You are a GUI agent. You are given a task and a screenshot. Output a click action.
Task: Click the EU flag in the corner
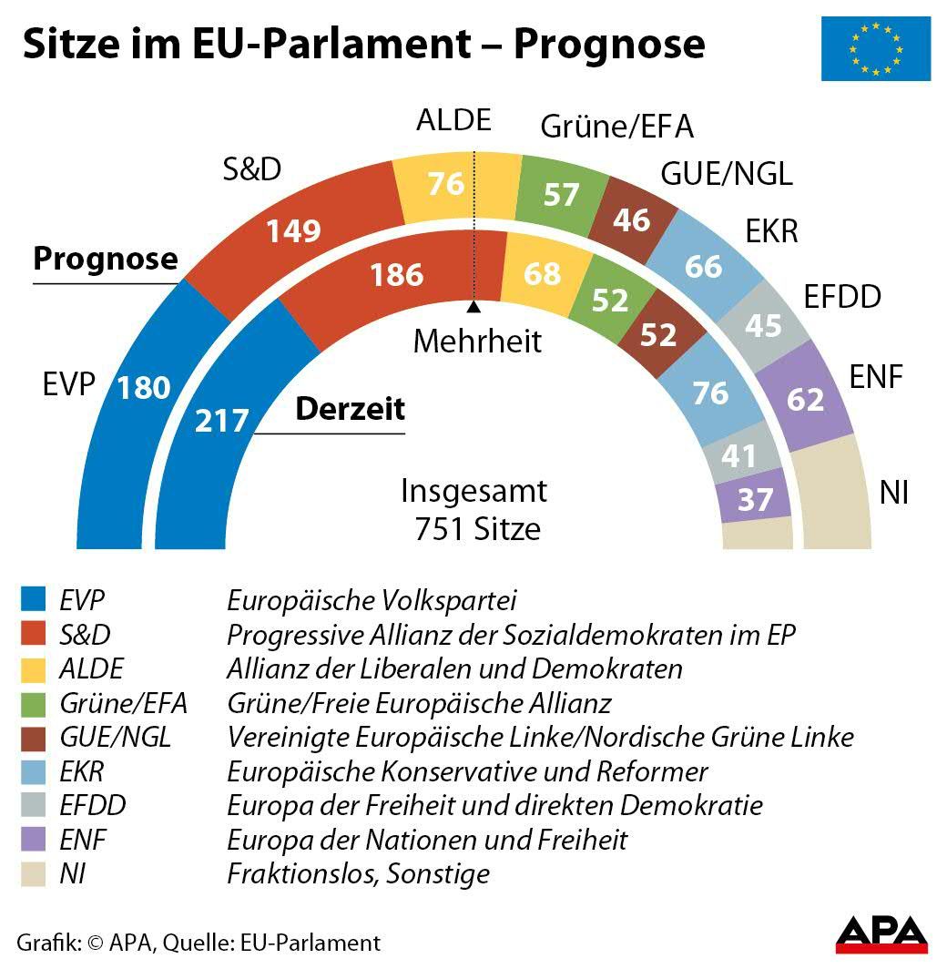point(875,48)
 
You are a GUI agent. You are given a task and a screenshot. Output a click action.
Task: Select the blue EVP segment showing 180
point(127,401)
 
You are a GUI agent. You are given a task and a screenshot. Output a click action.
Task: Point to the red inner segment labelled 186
point(397,273)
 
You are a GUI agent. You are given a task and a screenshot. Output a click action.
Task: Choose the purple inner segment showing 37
point(755,498)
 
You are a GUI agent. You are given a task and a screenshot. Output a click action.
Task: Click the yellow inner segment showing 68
point(541,272)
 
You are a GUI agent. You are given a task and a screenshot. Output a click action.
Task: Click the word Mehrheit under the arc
point(477,341)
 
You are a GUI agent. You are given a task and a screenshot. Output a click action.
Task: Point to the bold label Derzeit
point(350,409)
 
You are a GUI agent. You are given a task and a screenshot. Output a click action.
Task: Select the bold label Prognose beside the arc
point(106,259)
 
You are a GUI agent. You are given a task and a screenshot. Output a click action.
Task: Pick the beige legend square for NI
point(33,873)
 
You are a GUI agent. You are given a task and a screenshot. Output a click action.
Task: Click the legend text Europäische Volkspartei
point(372,601)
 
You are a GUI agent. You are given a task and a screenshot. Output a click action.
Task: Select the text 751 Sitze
point(477,528)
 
